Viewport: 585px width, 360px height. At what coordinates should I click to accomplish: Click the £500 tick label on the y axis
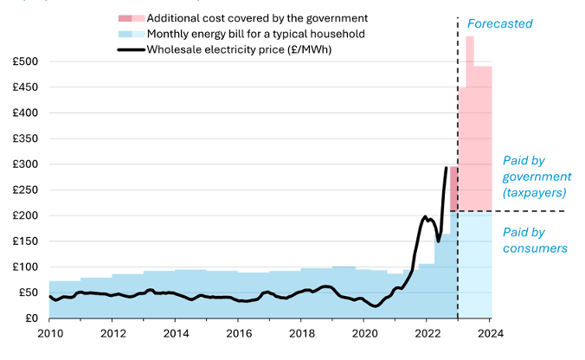[25, 61]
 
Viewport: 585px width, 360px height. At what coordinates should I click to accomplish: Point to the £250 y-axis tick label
[25, 190]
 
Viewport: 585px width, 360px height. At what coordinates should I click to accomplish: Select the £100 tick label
[25, 267]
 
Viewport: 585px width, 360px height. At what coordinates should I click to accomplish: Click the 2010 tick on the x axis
[49, 332]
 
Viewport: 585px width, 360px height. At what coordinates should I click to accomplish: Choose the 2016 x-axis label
[238, 332]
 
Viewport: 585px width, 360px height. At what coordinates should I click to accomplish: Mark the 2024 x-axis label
[490, 332]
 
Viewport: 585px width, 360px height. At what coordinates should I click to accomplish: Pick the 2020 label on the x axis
[364, 332]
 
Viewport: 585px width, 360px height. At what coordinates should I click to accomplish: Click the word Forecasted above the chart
[499, 23]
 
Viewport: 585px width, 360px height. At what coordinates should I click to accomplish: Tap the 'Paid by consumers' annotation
[535, 240]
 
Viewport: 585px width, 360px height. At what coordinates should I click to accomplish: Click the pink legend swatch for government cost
[129, 18]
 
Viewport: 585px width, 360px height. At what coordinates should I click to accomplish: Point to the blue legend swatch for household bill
[129, 34]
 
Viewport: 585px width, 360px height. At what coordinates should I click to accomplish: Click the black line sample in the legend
[129, 49]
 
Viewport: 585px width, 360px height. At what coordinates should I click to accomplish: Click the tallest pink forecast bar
[470, 121]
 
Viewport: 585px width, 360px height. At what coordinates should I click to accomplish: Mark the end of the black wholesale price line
[447, 168]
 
